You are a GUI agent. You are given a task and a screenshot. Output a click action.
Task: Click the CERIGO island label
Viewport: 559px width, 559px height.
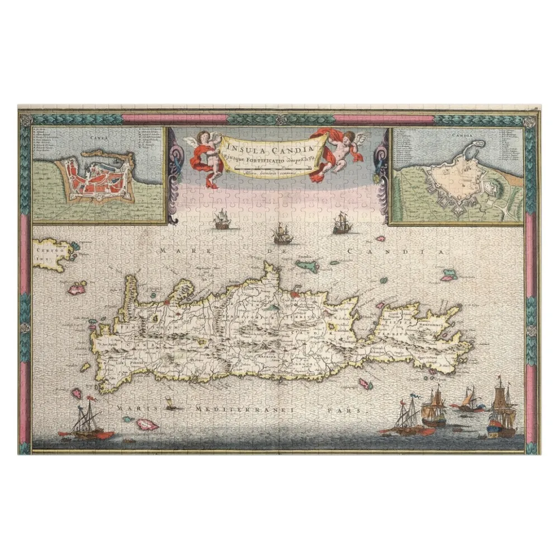47,251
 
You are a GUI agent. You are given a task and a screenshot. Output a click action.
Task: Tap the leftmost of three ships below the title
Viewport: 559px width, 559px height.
222,219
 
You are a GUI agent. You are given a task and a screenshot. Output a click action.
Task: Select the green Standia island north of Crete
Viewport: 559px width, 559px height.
307,265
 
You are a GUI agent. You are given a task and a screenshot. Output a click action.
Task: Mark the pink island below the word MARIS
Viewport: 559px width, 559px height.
147,424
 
